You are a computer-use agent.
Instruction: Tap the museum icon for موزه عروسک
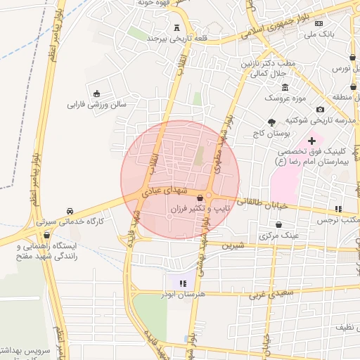point(285,87)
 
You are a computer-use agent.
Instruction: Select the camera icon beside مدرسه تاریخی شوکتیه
point(321,109)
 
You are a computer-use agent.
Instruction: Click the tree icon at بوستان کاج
point(271,122)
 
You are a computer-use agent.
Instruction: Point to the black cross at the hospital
point(311,141)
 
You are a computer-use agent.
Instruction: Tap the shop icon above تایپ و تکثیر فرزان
point(201,198)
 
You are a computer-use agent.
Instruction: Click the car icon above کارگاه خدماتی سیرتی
point(70,211)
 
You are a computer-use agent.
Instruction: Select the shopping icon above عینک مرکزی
point(279,225)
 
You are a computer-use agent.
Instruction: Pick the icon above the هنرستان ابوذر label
point(183,283)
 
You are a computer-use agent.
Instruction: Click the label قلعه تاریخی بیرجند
point(173,39)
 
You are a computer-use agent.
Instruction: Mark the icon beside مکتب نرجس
point(338,209)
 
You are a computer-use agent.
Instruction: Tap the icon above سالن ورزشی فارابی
point(96,94)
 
